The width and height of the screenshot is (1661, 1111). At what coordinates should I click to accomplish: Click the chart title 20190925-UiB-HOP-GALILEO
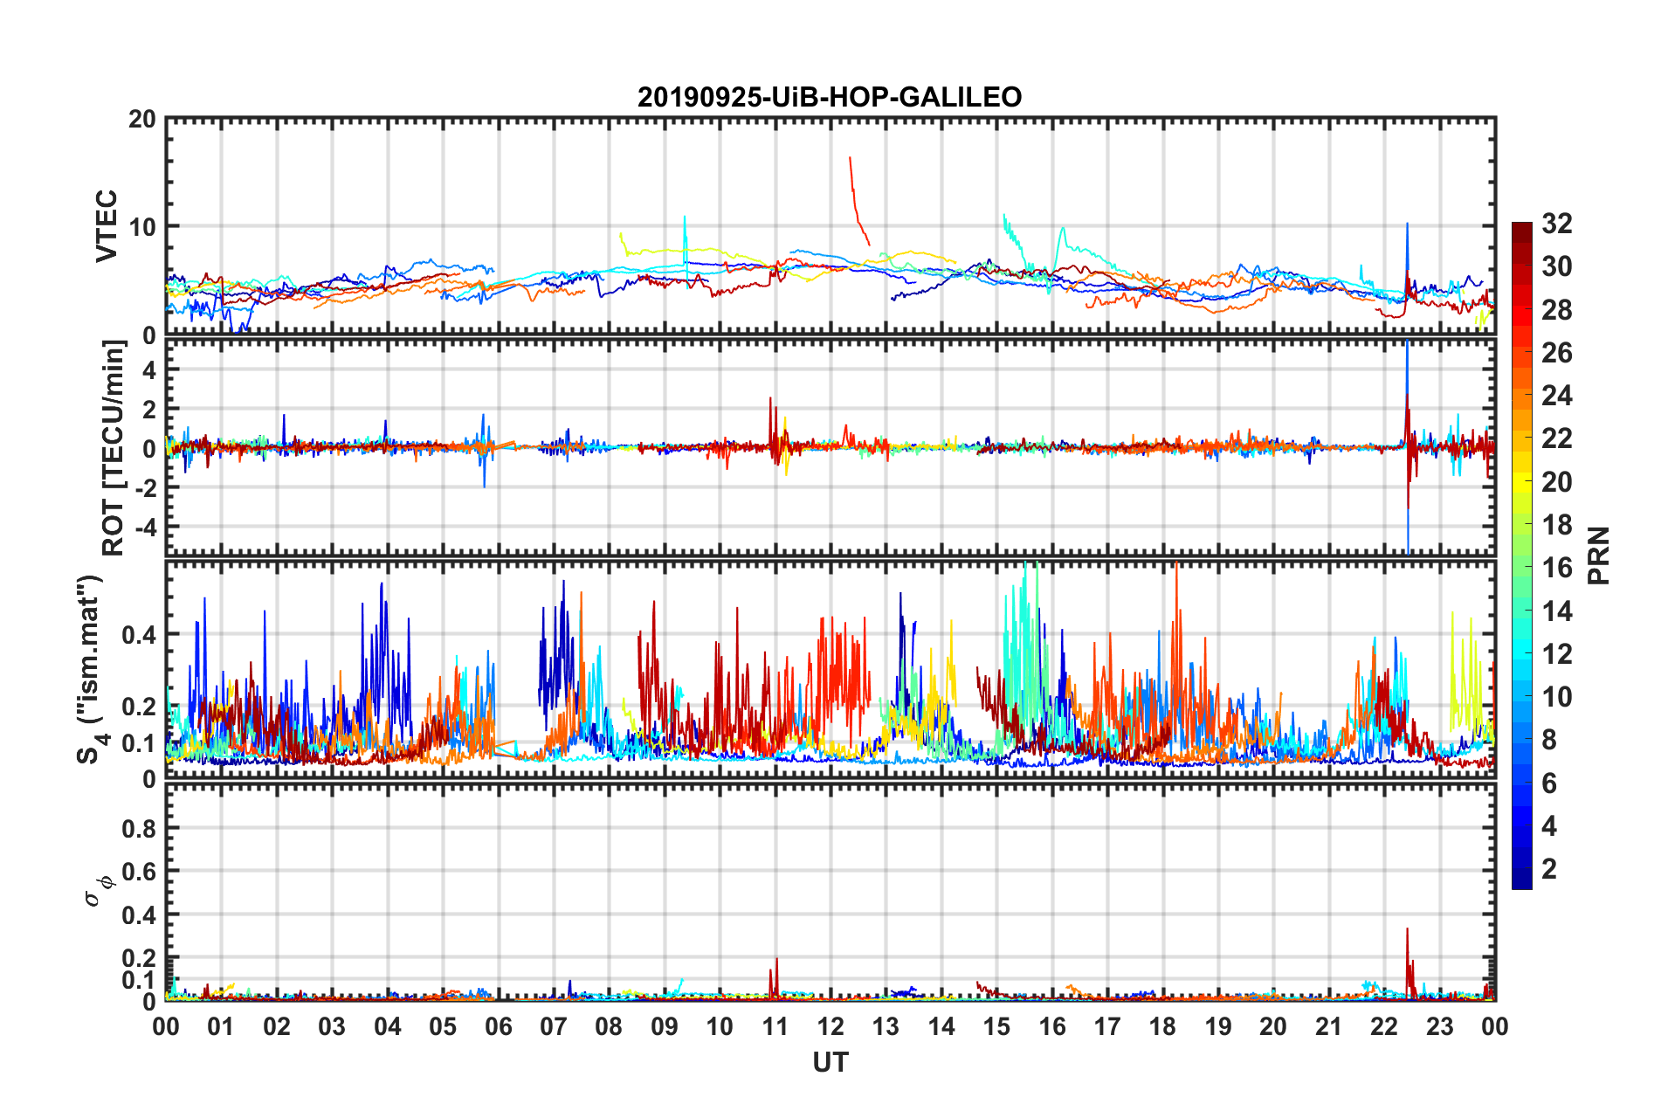point(829,97)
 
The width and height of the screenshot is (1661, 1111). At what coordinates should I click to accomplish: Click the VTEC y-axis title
point(107,226)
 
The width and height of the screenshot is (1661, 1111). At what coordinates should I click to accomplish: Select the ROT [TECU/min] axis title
point(114,448)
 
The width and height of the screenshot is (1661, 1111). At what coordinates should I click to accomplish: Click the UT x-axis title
point(830,1062)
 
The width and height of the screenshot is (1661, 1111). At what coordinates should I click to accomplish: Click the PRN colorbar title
point(1599,555)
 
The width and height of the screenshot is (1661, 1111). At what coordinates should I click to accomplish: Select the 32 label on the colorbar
point(1556,224)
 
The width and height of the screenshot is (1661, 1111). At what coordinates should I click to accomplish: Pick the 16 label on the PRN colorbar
point(1556,568)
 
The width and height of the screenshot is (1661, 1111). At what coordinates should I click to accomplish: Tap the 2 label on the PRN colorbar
point(1549,869)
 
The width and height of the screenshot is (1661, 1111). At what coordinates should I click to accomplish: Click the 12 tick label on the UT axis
point(830,1027)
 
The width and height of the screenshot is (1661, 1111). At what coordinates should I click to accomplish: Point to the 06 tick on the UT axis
point(498,1027)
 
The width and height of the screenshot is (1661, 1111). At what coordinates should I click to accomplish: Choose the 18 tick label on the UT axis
point(1162,1027)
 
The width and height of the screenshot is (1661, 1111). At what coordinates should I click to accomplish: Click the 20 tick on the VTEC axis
point(142,119)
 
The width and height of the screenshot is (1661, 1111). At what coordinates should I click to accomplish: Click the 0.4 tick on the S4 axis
point(140,635)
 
